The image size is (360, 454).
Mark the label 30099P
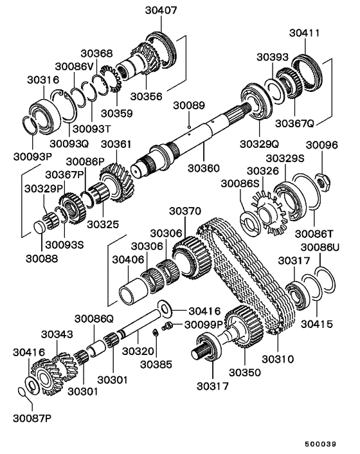[x=205, y=325]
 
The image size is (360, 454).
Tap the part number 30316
[x=43, y=80]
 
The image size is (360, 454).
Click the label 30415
[x=316, y=325]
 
